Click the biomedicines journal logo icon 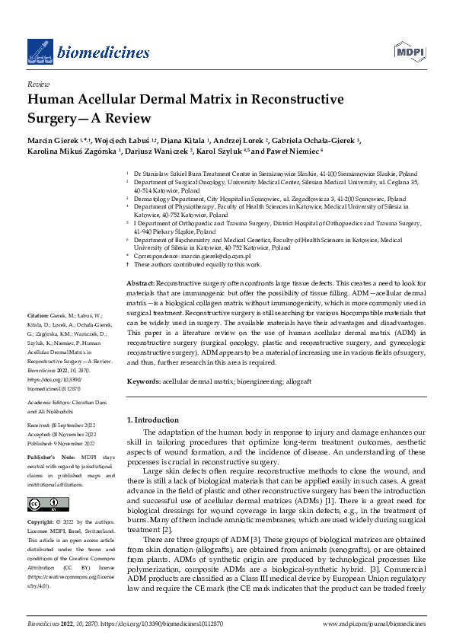point(39,51)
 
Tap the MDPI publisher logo point(409,52)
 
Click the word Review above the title point(38,85)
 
